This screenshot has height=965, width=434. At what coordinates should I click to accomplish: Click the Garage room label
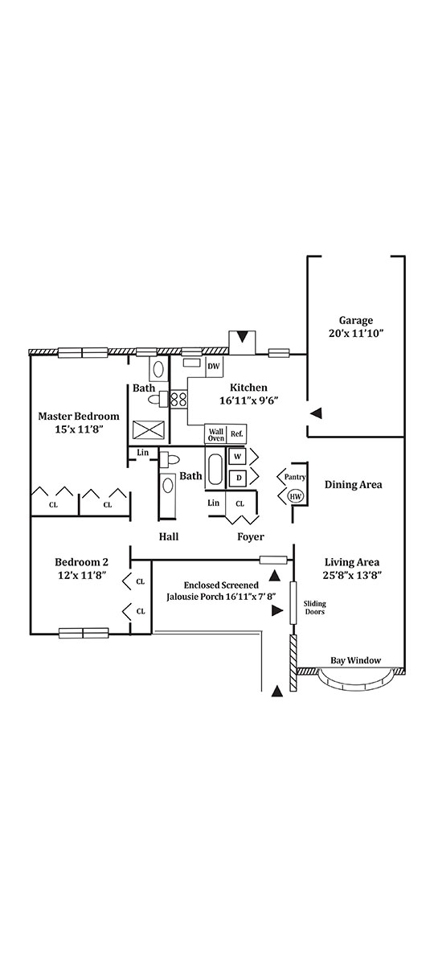(355, 321)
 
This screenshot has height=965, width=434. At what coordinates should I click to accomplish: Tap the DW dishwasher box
(214, 367)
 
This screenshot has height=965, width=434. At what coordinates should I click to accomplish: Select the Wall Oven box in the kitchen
(216, 434)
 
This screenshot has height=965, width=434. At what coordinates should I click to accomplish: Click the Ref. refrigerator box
(237, 434)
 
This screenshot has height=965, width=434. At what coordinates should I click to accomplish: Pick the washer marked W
(237, 457)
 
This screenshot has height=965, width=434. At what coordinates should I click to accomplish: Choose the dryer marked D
(238, 478)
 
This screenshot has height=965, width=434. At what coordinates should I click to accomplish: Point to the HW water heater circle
(296, 497)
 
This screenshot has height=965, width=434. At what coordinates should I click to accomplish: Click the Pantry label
(295, 477)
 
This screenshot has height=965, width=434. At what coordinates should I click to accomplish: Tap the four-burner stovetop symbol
(179, 399)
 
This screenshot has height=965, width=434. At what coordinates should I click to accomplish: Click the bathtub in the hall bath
(214, 469)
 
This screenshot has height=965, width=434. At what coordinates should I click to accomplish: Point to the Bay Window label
(355, 660)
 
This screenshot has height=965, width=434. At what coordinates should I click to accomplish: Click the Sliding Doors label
(315, 607)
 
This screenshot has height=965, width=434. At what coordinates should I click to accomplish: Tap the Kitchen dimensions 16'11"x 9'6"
(248, 400)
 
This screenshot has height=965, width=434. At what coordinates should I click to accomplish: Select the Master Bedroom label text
(79, 417)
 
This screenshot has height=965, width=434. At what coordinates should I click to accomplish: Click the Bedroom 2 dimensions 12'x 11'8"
(82, 575)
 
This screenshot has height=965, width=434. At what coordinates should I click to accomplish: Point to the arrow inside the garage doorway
(317, 413)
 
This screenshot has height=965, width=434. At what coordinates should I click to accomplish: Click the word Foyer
(251, 537)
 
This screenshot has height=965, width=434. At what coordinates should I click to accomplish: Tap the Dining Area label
(353, 485)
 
